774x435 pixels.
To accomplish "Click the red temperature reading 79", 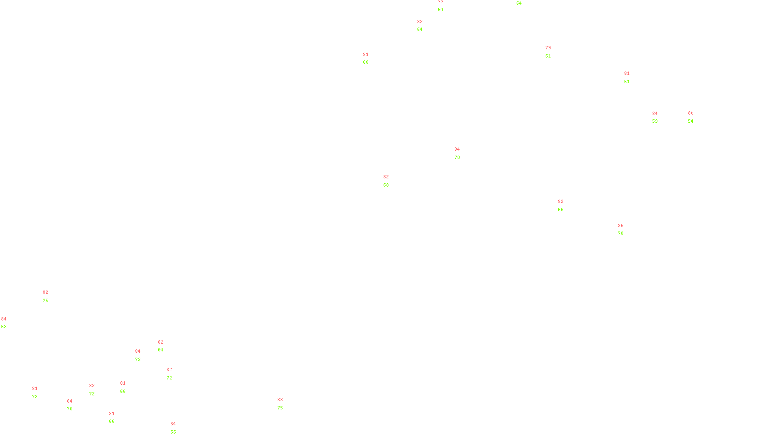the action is click(548, 48).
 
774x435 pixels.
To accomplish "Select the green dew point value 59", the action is click(655, 121).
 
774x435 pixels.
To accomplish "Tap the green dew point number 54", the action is click(691, 121).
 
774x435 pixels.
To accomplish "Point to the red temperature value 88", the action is click(280, 400).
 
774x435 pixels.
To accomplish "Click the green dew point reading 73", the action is click(35, 397).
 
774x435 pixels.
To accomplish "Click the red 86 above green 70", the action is click(621, 226).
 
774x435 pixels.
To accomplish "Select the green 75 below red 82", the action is click(45, 301).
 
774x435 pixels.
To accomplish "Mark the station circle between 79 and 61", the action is click(553, 52).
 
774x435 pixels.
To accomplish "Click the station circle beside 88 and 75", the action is click(285, 404).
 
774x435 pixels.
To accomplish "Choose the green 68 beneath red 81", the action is click(366, 62).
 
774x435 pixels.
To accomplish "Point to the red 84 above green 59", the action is click(655, 114).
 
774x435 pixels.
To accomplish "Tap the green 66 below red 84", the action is click(173, 432).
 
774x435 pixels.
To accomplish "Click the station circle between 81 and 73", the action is click(40, 392).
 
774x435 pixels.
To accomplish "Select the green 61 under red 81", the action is click(627, 82).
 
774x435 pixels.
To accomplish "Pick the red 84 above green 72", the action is click(138, 351).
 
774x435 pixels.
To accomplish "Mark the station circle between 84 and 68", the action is click(8, 323).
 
